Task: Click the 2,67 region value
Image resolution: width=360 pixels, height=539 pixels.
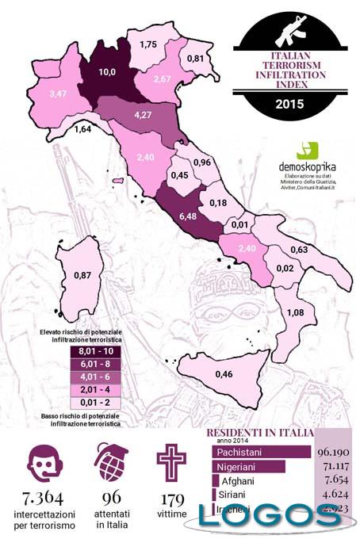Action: click(x=163, y=79)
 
